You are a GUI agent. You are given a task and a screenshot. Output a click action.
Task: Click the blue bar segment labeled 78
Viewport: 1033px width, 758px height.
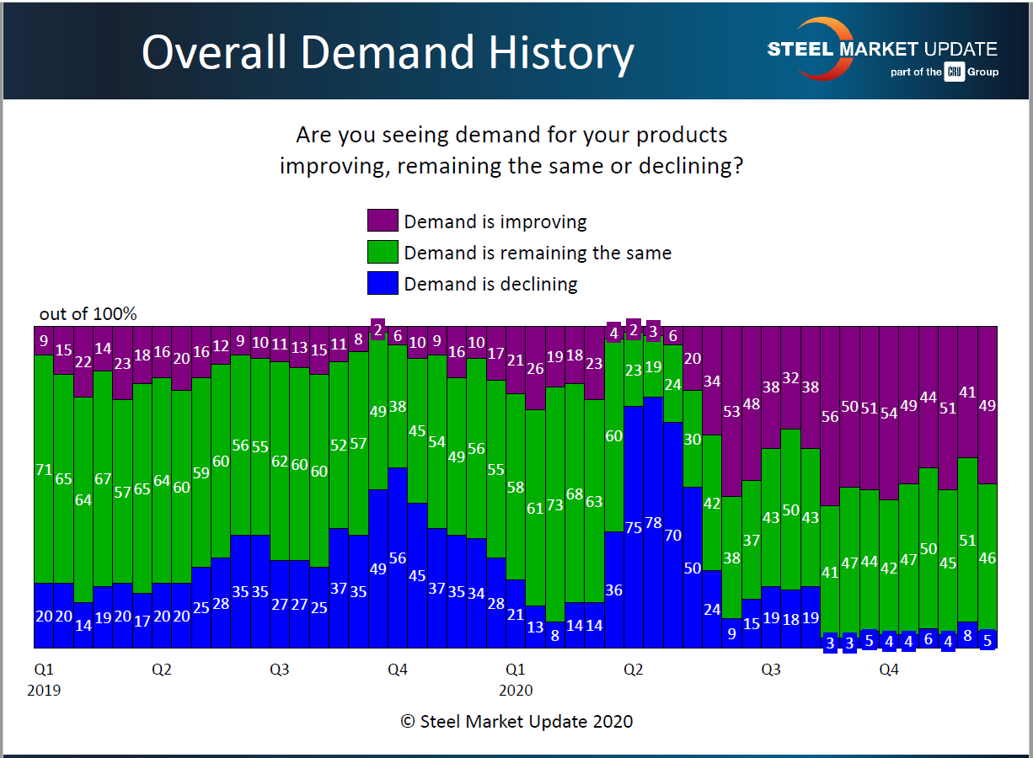652,522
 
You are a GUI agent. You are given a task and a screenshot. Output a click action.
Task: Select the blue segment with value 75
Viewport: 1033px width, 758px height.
633,527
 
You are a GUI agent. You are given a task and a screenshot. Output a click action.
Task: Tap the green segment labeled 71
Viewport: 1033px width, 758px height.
44,469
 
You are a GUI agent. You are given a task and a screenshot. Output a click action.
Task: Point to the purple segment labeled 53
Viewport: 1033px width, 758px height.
731,412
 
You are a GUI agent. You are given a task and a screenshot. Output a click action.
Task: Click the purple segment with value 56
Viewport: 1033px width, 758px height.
830,416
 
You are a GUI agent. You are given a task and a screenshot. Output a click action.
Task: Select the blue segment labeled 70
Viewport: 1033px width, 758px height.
672,535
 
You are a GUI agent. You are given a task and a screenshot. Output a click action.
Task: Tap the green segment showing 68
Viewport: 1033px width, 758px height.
575,493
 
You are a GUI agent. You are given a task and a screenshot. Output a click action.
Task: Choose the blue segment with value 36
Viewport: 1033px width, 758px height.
613,590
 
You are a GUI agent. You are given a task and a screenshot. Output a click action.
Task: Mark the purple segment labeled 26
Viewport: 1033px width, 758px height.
535,368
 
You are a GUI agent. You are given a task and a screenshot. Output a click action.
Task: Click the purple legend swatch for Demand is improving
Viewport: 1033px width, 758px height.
383,221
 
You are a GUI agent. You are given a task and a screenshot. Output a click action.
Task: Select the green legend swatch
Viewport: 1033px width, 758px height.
383,252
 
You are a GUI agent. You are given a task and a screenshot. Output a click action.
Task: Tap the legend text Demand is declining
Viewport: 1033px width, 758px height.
490,284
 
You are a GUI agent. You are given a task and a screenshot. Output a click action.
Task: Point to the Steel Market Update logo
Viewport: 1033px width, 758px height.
880,50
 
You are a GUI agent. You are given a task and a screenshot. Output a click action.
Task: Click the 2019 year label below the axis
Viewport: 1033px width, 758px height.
44,691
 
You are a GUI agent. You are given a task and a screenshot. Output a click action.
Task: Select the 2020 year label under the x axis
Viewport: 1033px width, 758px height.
516,691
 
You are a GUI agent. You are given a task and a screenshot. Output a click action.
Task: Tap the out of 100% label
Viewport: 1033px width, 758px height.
88,314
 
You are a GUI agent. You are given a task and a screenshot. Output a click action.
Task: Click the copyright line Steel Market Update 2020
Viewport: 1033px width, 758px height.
516,721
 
